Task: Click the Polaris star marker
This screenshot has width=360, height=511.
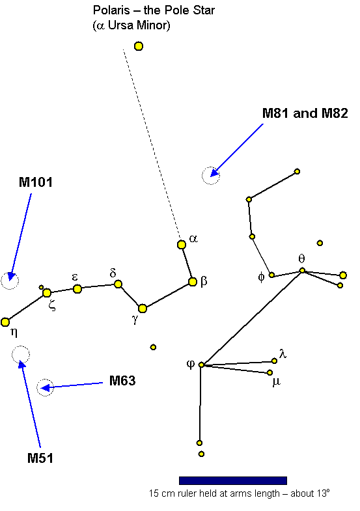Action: pos(139,46)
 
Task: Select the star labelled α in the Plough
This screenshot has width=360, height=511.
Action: pos(182,244)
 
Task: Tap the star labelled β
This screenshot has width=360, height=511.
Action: pos(193,282)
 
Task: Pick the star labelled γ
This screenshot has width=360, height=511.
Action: pos(143,309)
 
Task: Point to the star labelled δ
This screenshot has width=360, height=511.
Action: pos(118,284)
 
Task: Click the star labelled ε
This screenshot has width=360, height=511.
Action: pos(77,289)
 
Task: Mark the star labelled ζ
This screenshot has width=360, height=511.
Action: pos(47,293)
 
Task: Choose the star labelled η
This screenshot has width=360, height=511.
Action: pos(5,322)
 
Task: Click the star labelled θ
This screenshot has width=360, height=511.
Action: pos(302,271)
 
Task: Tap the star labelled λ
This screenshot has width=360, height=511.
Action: pos(274,361)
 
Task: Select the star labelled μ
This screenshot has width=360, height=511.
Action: pos(270,372)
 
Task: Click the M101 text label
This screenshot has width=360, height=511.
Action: pos(36,182)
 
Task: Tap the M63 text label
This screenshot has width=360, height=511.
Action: pos(122,381)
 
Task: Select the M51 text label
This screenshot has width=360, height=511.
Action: pos(40,458)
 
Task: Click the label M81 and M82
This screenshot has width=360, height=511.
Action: pos(305,113)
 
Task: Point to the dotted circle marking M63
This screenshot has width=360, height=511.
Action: pos(45,380)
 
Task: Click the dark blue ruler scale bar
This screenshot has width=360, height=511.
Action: pos(233,480)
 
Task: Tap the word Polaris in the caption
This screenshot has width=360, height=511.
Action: pos(112,10)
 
